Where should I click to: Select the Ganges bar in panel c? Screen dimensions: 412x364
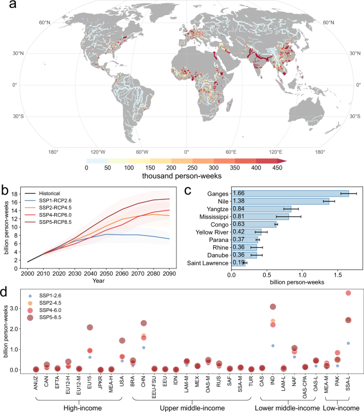click(x=290, y=194)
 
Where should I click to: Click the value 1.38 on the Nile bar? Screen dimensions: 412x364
click(x=240, y=203)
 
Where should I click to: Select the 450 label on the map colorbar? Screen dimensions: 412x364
click(x=277, y=167)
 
